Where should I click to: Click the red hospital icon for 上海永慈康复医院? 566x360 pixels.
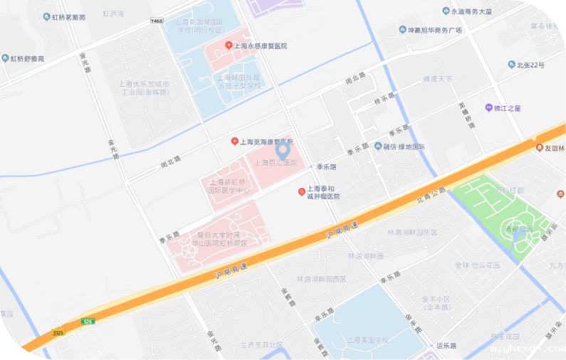pos(229,46)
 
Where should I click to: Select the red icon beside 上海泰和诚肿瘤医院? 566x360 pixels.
pos(301,192)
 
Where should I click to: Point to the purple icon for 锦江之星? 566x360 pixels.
pos(488,108)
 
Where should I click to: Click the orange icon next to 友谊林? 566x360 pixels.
pos(539,148)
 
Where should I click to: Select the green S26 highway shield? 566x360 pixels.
pos(88,322)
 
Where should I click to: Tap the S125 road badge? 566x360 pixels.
pos(58,332)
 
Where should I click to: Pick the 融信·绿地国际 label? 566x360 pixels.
pos(404,147)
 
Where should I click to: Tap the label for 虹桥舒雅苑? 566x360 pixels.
pos(27,58)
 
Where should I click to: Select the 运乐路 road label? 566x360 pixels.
pos(445,346)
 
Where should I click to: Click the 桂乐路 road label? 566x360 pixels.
pos(384,99)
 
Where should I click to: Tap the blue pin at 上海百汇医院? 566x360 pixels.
pos(283,150)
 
